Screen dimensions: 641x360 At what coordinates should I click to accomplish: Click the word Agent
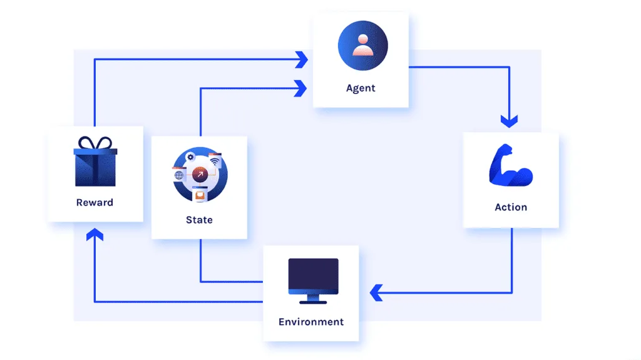[361, 88]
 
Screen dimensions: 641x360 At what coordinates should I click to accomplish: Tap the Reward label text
[95, 202]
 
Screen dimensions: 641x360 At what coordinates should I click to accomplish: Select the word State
[199, 220]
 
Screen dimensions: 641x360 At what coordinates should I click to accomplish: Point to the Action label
[511, 207]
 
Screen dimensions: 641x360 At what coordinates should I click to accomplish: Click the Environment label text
[311, 322]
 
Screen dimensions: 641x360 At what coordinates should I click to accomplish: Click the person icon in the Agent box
[362, 46]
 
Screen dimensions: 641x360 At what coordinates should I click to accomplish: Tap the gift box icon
[95, 162]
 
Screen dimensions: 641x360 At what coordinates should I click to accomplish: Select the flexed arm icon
[511, 165]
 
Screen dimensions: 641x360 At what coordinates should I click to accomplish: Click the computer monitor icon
[313, 281]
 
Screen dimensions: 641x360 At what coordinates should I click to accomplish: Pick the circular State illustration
[200, 175]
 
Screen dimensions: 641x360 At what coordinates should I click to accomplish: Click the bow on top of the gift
[95, 143]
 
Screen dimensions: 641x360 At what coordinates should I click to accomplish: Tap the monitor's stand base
[313, 302]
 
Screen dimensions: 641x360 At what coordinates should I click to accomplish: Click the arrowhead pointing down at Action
[510, 121]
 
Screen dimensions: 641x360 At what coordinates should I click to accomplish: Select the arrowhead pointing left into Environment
[376, 293]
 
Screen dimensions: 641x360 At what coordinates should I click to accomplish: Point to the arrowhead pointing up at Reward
[95, 234]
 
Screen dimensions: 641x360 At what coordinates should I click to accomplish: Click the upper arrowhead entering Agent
[302, 59]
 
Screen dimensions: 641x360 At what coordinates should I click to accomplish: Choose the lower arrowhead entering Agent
[300, 88]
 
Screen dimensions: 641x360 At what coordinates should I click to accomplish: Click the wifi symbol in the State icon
[215, 162]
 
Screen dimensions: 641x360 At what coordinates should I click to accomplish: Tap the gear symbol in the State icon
[190, 157]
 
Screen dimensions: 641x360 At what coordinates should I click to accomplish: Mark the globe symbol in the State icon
[179, 175]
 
